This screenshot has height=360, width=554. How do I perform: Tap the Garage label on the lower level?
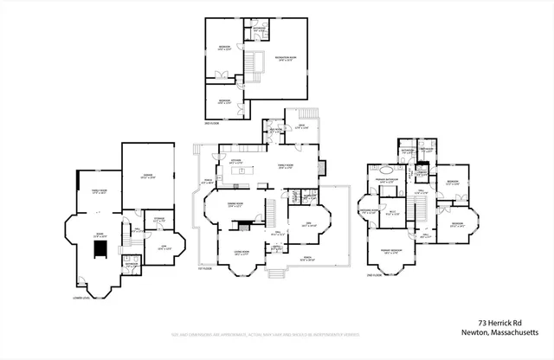tap(147, 178)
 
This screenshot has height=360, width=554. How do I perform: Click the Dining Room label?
tap(234, 206)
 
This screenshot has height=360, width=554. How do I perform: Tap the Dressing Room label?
tap(367, 211)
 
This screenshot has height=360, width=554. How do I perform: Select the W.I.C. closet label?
tap(391, 213)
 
